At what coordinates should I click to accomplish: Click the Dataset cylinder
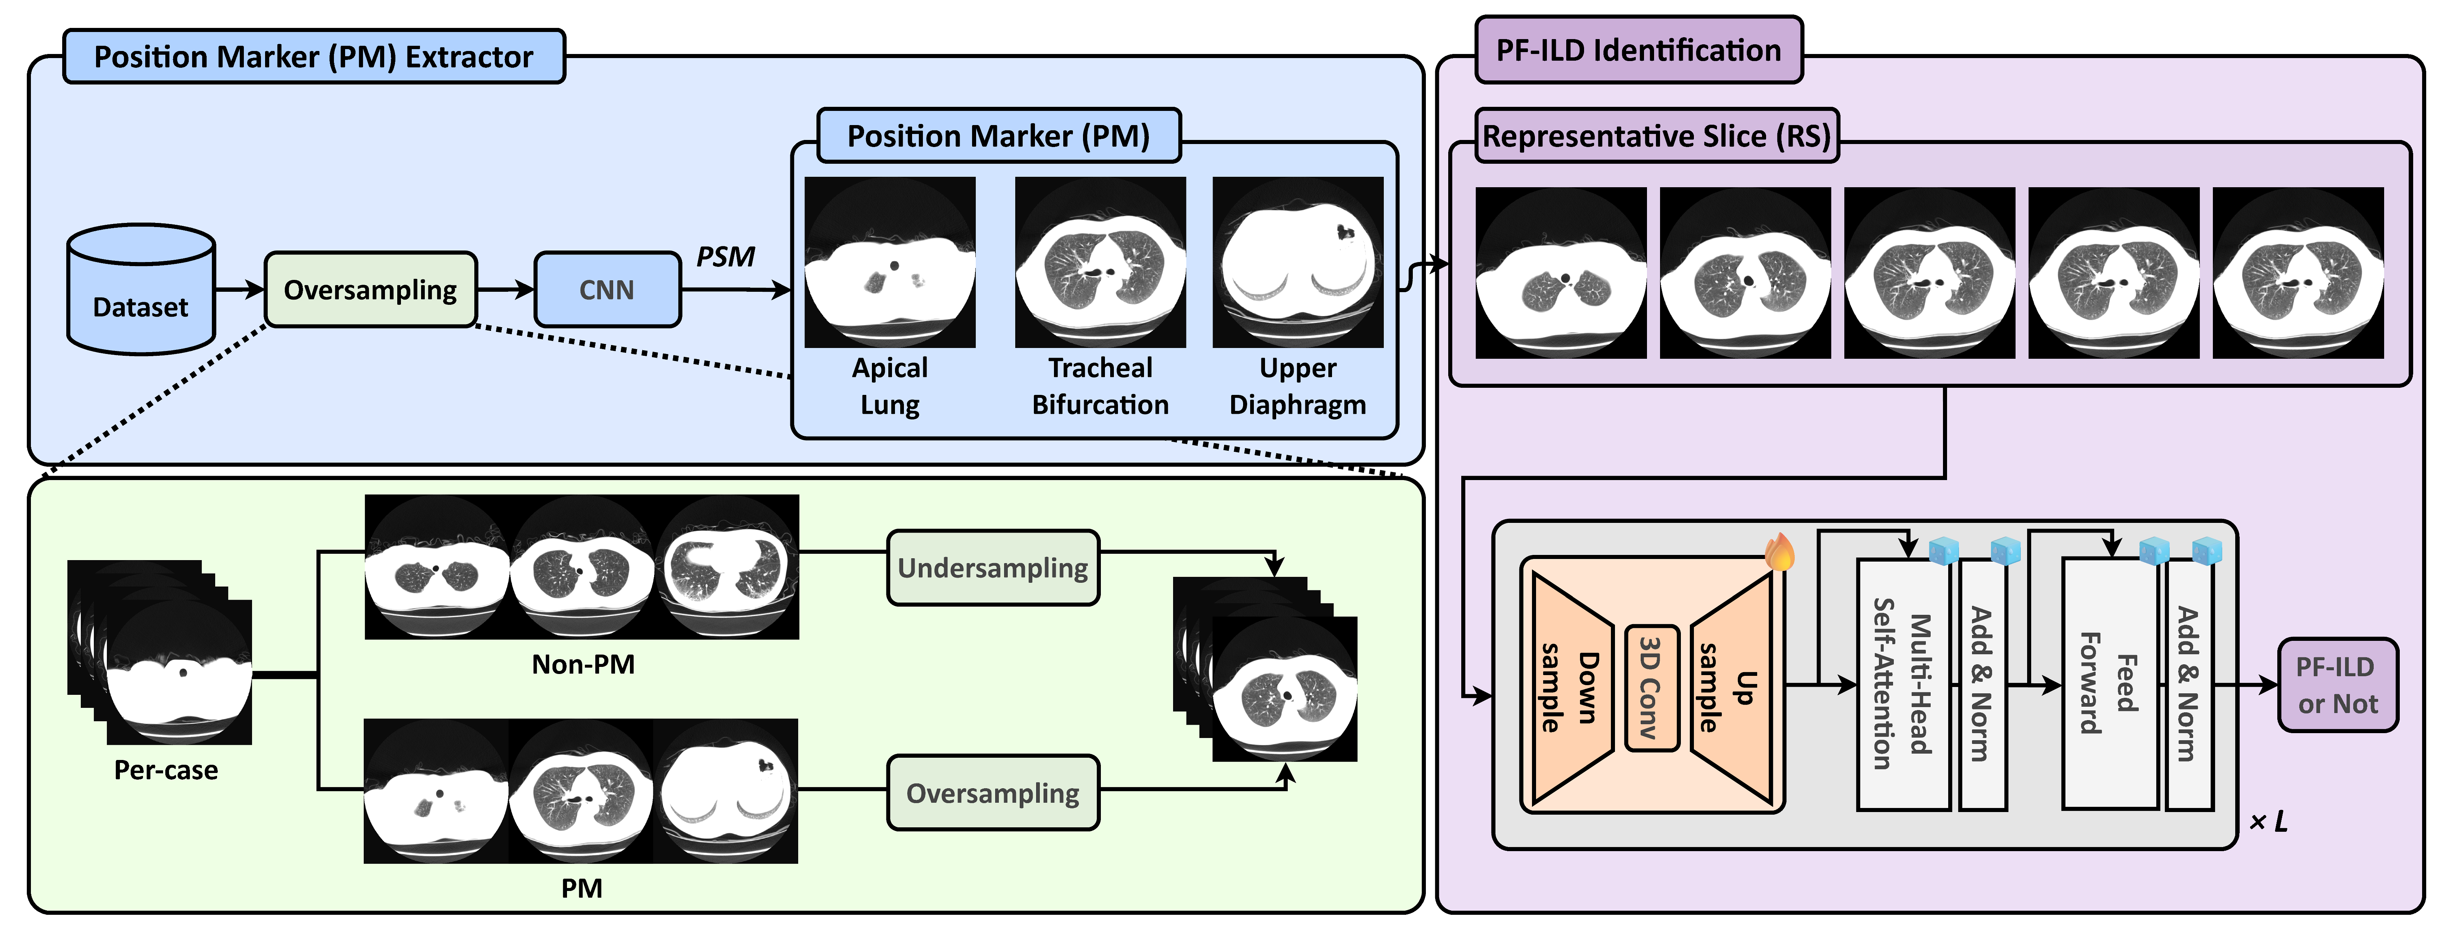[141, 289]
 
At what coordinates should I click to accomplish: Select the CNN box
[607, 289]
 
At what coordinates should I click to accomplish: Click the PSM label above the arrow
[726, 256]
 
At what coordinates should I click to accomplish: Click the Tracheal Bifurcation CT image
[1100, 262]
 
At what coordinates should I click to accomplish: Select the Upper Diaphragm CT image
[1298, 262]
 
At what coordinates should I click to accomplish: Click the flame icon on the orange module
[1780, 551]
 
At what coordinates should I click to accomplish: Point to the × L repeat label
[2269, 822]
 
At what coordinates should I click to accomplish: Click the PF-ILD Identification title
[1638, 50]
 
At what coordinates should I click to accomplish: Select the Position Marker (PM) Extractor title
[314, 57]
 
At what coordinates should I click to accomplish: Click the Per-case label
[166, 770]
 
